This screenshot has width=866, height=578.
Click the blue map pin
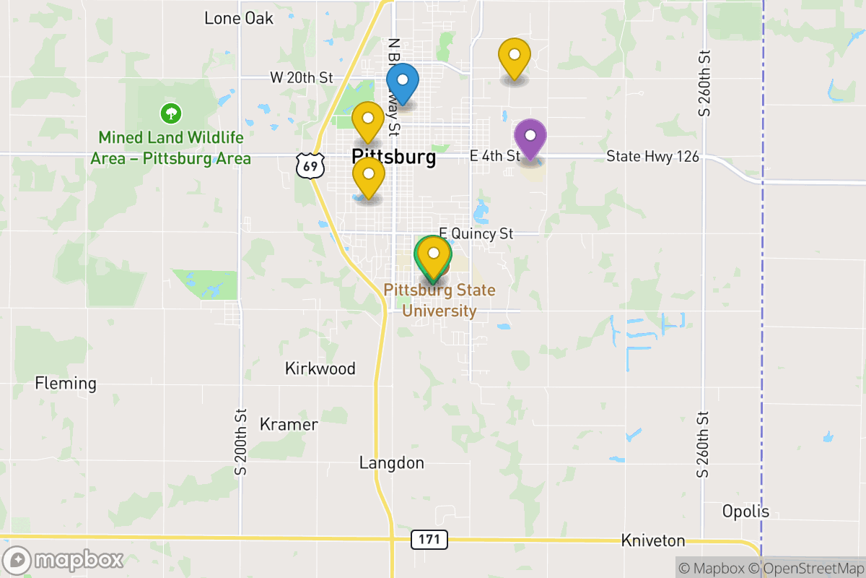click(403, 82)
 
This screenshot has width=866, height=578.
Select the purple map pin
click(530, 137)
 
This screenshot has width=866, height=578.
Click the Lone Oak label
click(239, 18)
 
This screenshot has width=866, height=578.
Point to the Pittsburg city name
click(393, 157)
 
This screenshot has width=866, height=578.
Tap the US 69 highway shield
click(310, 166)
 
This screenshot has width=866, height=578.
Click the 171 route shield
click(429, 539)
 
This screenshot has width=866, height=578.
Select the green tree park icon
click(171, 113)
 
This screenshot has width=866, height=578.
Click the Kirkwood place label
click(320, 368)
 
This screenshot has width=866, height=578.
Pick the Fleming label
click(66, 383)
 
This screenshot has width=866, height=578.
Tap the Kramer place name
click(289, 424)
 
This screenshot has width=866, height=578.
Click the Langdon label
click(392, 462)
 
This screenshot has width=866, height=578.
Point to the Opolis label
click(745, 512)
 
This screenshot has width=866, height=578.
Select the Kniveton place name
click(653, 540)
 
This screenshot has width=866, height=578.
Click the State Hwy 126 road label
click(652, 156)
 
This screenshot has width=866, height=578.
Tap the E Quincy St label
click(476, 233)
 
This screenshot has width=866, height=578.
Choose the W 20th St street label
click(302, 77)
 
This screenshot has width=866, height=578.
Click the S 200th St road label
click(241, 441)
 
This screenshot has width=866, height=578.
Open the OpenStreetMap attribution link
click(808, 568)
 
